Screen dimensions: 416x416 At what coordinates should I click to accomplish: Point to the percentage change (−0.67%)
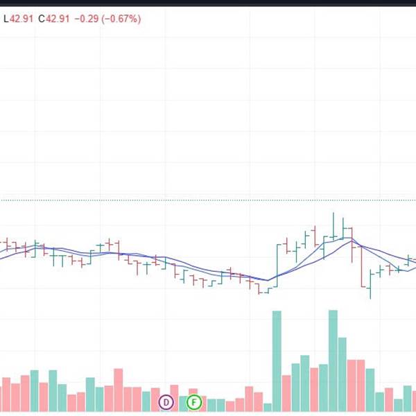click(x=121, y=19)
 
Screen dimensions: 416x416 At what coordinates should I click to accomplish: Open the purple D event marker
click(x=166, y=401)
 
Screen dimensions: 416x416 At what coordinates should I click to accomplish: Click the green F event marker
click(x=194, y=401)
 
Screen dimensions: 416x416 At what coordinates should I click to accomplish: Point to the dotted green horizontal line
click(x=208, y=200)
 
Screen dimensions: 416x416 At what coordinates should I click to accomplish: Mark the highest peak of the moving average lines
click(x=352, y=240)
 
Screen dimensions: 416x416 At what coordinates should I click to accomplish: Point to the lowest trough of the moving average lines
click(x=268, y=281)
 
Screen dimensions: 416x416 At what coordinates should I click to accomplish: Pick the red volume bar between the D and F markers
click(x=174, y=399)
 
